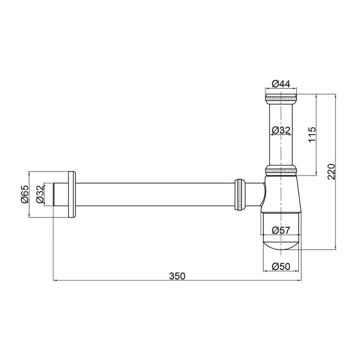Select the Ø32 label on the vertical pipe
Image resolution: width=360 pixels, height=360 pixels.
pos(282,130)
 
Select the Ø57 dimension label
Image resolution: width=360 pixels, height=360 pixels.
pos(282,230)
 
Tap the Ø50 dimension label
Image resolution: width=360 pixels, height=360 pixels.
pos(282,266)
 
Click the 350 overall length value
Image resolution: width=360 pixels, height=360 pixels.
pos(177,276)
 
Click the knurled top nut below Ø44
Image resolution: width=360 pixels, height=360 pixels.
pos(282,99)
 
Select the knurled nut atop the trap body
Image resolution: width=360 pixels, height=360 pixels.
pos(282,170)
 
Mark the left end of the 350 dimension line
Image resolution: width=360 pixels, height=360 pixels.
pos(53,281)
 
